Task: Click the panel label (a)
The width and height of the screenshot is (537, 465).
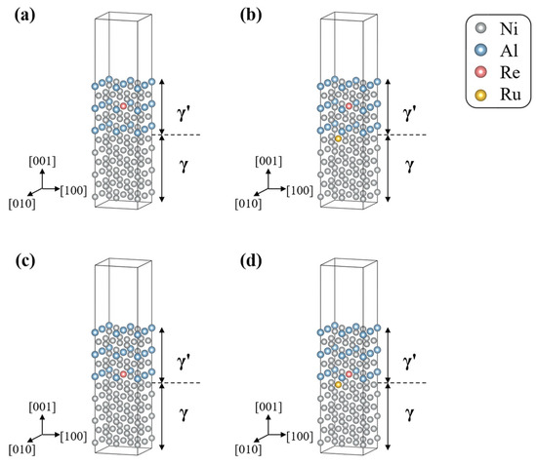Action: click(x=25, y=16)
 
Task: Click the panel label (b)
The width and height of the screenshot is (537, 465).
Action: click(x=251, y=16)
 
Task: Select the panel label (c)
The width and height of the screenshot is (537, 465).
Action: click(x=25, y=261)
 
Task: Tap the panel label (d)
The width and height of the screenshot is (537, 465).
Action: click(x=251, y=261)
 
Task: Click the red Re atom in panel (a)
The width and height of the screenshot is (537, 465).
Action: click(x=123, y=106)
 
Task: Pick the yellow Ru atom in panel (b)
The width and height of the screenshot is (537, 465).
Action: click(x=339, y=138)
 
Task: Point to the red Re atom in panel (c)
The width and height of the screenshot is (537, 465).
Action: click(x=123, y=374)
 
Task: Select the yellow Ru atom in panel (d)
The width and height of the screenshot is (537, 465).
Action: click(x=339, y=385)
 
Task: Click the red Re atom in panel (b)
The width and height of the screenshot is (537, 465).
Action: click(x=349, y=106)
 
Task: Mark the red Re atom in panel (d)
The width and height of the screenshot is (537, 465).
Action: click(x=349, y=374)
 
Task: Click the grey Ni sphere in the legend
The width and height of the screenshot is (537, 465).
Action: click(x=481, y=28)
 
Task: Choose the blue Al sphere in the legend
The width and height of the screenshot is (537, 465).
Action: click(x=481, y=51)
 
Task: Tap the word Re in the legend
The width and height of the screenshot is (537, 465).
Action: click(x=510, y=72)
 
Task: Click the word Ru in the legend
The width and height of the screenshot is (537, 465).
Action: click(x=511, y=95)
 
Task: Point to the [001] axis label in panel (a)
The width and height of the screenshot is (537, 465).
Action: click(x=42, y=162)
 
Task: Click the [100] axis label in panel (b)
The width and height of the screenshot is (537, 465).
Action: click(x=300, y=191)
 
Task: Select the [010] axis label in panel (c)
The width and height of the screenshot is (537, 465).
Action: click(x=21, y=449)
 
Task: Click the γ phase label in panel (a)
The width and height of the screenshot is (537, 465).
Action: click(x=185, y=166)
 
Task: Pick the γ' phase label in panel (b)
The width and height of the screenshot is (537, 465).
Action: click(x=409, y=113)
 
